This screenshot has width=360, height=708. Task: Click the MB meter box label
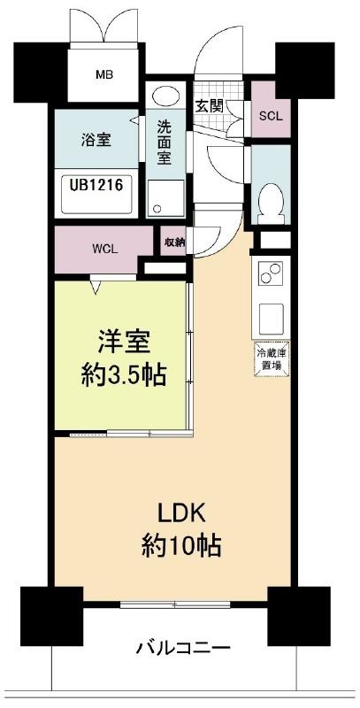103,74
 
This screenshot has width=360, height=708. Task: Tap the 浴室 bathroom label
96,140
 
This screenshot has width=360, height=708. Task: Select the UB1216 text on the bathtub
96,184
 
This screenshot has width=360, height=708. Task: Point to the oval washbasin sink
165,96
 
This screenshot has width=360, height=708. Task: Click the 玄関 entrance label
210,106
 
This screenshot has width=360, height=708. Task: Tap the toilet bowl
271,204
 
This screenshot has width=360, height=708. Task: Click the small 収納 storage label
173,242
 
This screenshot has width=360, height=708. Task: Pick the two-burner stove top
271,273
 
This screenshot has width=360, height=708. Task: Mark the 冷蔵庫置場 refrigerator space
271,359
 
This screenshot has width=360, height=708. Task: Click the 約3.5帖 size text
124,374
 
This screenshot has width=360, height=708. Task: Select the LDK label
181,514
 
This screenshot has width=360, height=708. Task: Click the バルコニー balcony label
183,649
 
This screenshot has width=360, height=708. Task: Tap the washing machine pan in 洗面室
165,197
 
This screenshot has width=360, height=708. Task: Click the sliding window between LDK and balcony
175,604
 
